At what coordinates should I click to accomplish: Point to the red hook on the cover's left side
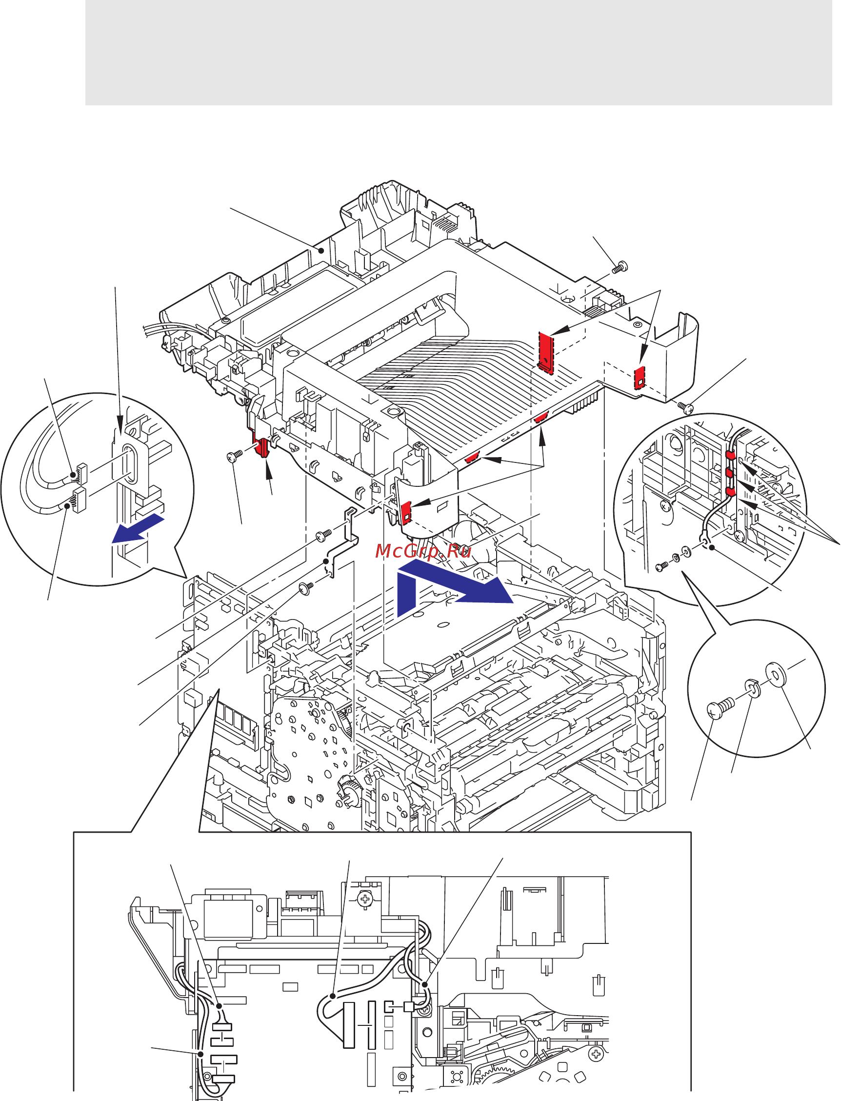[262, 447]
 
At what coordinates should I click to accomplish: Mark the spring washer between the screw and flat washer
[752, 688]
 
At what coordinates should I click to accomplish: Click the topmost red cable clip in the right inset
[730, 456]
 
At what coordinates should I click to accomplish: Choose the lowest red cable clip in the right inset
[730, 492]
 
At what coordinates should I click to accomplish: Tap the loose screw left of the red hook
[234, 456]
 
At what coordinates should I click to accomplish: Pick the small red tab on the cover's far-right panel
[640, 377]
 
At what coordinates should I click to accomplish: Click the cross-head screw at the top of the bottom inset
[365, 900]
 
